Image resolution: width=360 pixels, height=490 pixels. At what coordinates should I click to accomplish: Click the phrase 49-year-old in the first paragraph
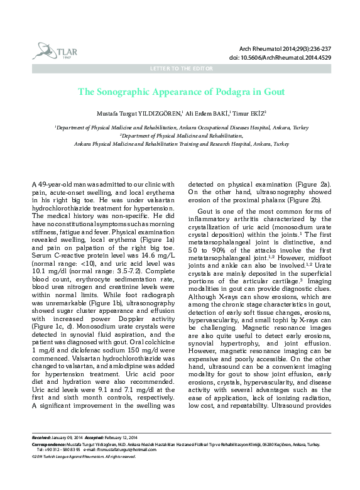53,183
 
